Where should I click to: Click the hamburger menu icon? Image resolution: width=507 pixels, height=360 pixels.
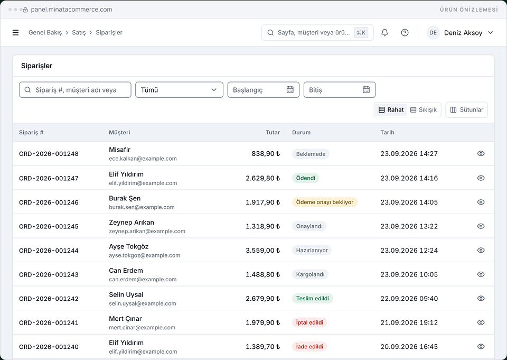click(15, 33)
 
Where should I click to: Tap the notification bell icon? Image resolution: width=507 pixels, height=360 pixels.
click(384, 33)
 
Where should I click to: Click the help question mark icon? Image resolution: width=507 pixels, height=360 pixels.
click(405, 33)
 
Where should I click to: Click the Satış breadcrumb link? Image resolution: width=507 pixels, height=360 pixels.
click(79, 33)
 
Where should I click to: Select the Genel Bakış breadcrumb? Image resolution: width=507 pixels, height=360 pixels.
click(45, 33)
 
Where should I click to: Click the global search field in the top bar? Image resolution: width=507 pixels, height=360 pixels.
click(317, 33)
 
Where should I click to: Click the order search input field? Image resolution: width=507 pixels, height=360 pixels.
click(75, 90)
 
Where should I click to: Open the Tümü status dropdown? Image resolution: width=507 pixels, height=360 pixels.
click(179, 90)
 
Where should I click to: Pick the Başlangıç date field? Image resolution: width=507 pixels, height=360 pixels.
click(263, 90)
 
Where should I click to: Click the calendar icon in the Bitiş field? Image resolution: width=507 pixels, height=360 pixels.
click(366, 90)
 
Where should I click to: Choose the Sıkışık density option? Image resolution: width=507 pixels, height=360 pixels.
click(423, 110)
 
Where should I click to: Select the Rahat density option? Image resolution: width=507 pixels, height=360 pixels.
click(391, 110)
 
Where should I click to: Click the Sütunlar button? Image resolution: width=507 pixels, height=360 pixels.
click(466, 110)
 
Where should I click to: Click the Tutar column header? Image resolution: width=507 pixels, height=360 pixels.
click(273, 132)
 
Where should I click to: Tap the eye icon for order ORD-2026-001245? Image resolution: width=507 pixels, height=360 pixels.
click(481, 226)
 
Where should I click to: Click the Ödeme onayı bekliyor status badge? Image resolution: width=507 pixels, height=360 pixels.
click(325, 202)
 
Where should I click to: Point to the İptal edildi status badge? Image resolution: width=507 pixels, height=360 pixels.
click(309, 322)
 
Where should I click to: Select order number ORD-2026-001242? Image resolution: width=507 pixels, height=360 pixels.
click(49, 299)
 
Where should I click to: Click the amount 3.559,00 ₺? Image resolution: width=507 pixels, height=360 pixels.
click(262, 250)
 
